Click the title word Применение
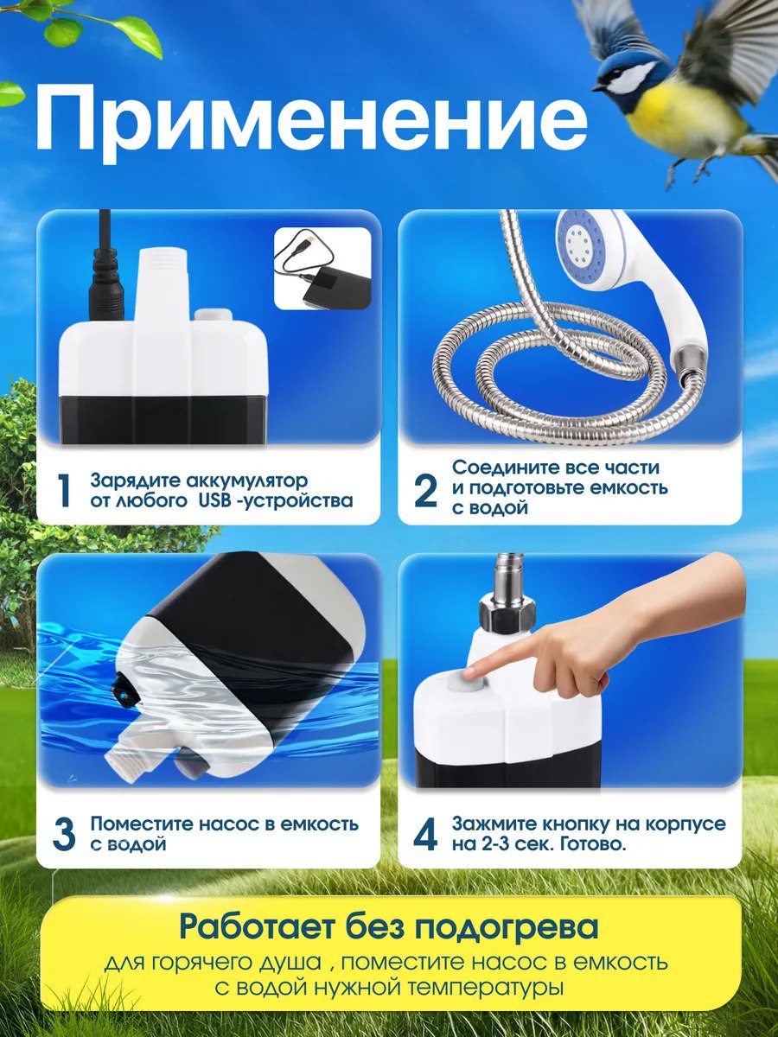(311, 123)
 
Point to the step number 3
(64, 834)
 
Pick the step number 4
(425, 834)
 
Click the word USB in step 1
(214, 500)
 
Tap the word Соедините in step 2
(504, 468)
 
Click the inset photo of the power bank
(322, 269)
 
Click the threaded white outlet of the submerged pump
(129, 760)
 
